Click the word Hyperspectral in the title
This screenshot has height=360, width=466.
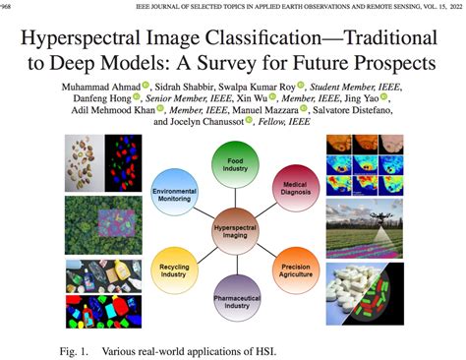(95, 42)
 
